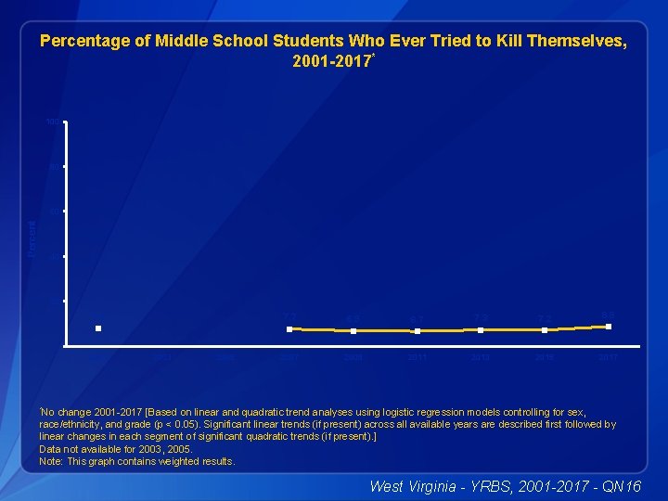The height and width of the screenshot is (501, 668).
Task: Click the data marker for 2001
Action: click(97, 328)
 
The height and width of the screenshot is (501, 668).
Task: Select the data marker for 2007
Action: click(289, 328)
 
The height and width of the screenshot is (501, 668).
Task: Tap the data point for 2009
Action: click(353, 330)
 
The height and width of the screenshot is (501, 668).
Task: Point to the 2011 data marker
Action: click(417, 330)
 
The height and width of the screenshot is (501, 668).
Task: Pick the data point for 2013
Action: click(481, 329)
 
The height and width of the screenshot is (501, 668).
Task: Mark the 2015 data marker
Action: click(545, 329)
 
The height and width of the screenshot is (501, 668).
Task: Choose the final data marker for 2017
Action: click(609, 327)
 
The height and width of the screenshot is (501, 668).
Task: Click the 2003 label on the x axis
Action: click(161, 356)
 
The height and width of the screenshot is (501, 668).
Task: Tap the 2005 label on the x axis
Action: click(225, 356)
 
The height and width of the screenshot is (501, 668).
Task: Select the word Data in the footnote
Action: click(48, 448)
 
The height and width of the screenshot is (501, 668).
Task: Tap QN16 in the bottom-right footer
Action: click(619, 484)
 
